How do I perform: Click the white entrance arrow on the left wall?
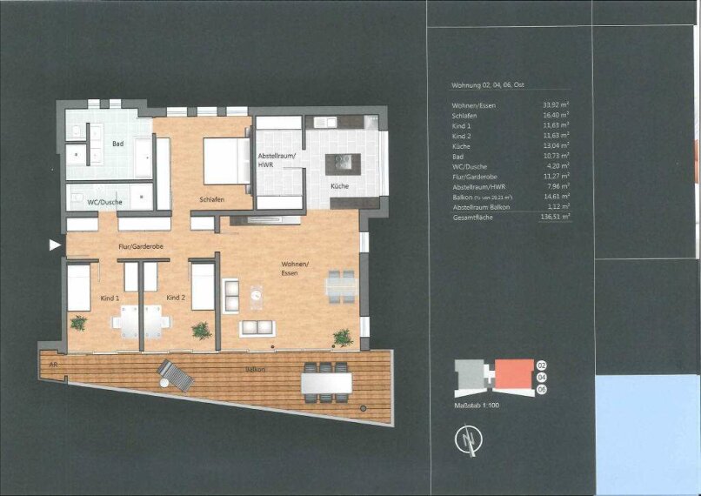pos(55,245)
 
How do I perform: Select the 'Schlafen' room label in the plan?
pos(211,200)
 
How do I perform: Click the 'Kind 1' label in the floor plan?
pos(110,298)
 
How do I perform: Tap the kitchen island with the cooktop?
pos(342,163)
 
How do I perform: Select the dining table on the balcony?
pos(327,382)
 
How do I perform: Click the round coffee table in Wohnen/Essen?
pos(256,296)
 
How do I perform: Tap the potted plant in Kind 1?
pos(79,323)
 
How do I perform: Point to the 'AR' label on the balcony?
pos(53,365)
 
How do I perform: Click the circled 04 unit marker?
pos(541,377)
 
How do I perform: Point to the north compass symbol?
pos(470,441)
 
